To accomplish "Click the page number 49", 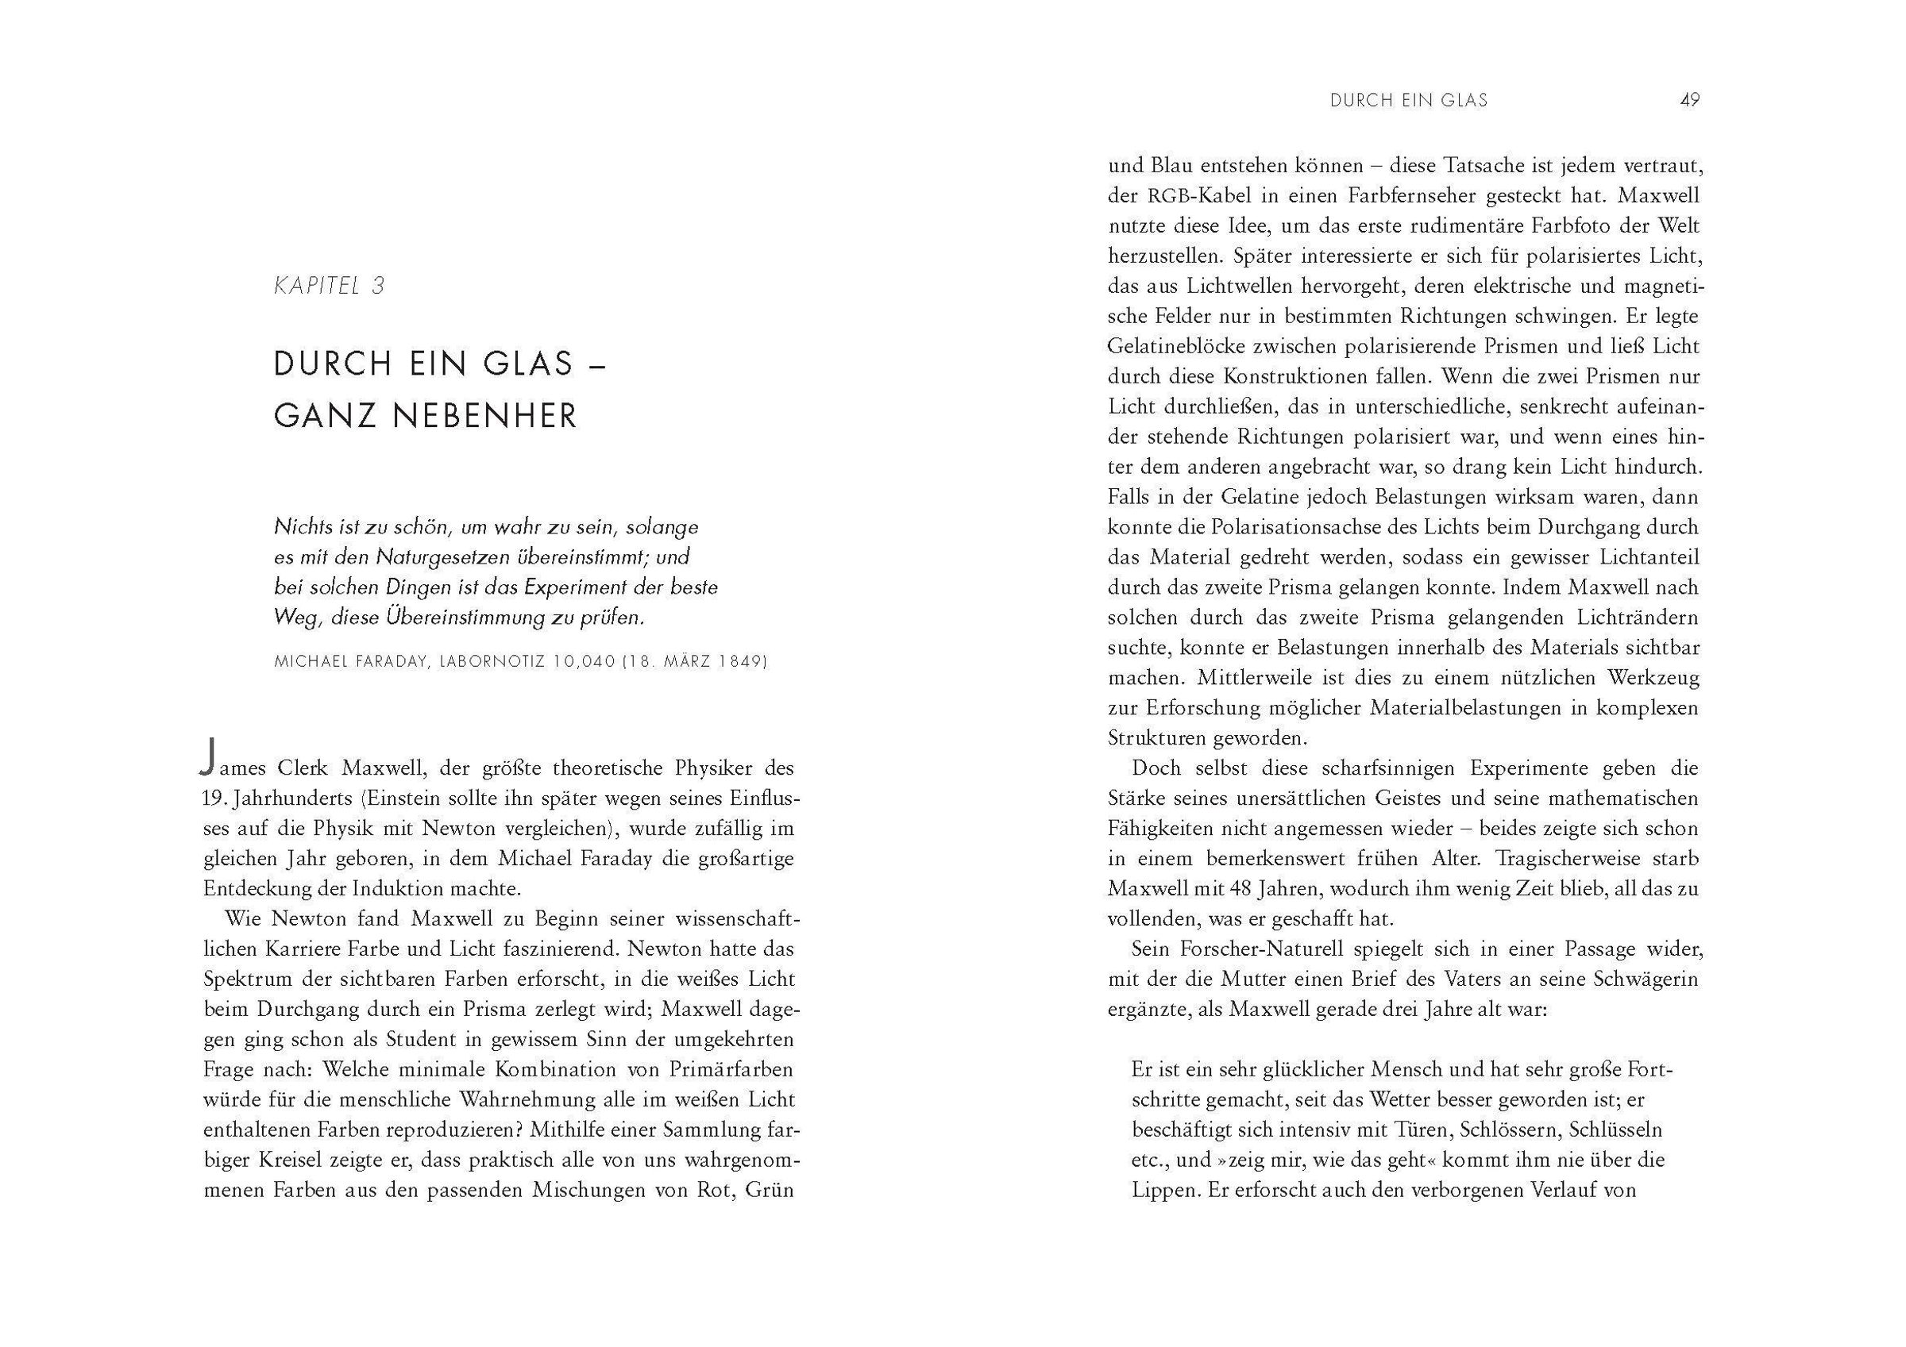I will (1689, 101).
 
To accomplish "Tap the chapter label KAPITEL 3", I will (330, 287).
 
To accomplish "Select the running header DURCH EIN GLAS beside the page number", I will (1409, 101).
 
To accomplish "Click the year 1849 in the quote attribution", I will (740, 662).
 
